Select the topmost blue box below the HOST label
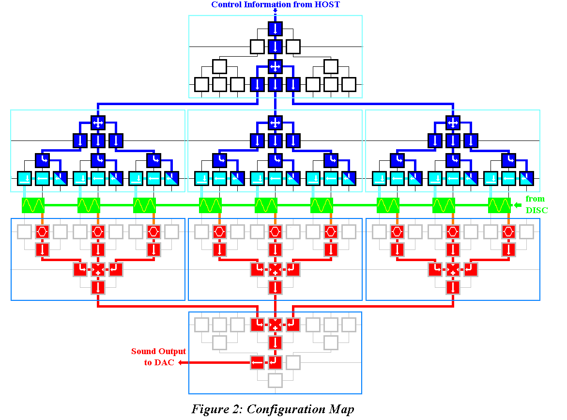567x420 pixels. click(275, 29)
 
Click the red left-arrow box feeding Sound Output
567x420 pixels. click(258, 362)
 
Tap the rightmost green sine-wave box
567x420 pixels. click(499, 205)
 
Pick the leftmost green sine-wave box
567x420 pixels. click(33, 205)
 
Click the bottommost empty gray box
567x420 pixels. click(275, 380)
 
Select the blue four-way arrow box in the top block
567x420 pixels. click(275, 66)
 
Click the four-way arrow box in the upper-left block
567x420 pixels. click(98, 123)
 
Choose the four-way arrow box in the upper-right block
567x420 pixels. click(453, 123)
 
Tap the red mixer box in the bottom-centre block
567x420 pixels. click(275, 325)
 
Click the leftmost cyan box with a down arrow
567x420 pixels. click(24, 178)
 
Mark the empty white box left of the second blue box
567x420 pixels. click(257, 47)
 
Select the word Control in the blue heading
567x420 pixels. click(226, 5)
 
